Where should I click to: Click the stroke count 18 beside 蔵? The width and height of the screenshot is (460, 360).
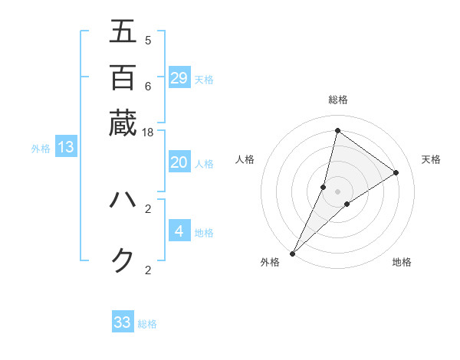point(148,133)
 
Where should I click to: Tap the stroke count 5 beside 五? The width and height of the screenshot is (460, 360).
point(148,40)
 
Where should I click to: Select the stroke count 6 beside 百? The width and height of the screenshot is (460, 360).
point(148,86)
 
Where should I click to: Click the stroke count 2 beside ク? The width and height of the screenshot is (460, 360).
point(148,270)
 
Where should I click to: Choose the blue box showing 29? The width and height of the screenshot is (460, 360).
point(179,77)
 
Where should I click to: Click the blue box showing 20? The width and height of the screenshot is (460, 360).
point(179,162)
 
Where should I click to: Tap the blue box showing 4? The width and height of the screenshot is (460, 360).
point(179,231)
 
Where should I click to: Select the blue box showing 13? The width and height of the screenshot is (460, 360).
point(66,147)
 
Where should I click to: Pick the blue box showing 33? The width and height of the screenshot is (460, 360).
point(123,322)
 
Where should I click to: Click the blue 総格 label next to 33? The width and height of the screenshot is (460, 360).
point(147,324)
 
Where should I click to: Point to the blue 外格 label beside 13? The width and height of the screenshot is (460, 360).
point(41,149)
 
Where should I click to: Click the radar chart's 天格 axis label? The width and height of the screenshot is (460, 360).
point(431,159)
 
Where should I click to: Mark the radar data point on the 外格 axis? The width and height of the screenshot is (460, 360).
point(292,254)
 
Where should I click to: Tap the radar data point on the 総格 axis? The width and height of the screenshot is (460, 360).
point(337,131)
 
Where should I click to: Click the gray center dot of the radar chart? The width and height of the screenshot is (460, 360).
point(337,191)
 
